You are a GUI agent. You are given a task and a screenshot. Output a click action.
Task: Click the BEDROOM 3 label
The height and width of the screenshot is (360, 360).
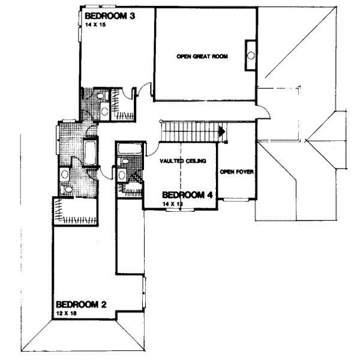(109, 16)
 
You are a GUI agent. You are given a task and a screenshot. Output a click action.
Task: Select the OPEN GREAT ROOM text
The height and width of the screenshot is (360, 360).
(196, 56)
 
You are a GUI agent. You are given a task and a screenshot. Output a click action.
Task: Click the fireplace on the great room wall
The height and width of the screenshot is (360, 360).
(250, 56)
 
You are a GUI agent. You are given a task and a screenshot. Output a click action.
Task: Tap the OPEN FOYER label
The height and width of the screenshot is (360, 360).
(236, 172)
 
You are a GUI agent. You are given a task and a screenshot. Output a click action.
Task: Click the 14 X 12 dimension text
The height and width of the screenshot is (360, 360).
(172, 205)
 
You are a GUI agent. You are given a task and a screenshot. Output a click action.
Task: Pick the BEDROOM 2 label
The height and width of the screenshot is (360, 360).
(80, 304)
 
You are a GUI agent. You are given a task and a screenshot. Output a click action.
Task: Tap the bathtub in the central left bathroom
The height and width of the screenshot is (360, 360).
(92, 152)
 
